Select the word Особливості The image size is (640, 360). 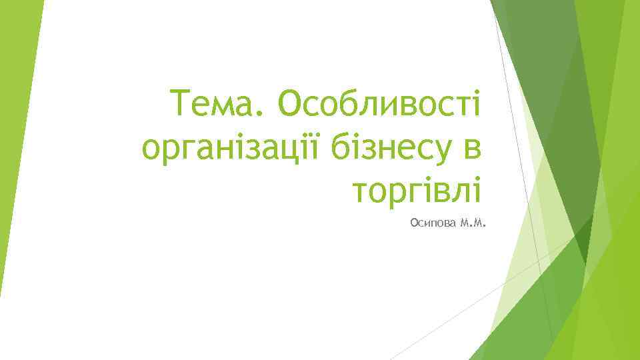click(381, 105)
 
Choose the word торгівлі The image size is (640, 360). click(417, 190)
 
